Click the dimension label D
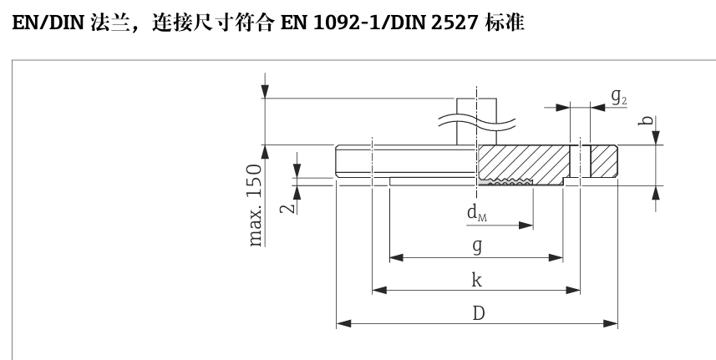click(x=478, y=313)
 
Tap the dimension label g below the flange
click(x=476, y=246)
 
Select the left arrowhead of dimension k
click(x=378, y=291)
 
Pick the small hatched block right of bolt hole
click(x=603, y=160)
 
